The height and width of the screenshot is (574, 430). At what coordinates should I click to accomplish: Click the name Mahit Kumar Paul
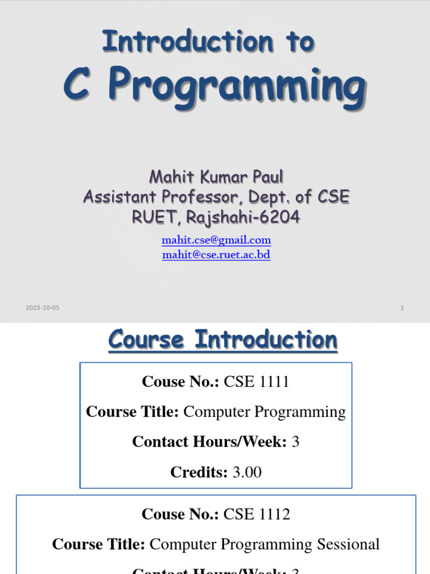click(x=216, y=178)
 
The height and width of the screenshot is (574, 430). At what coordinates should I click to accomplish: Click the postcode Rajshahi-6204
click(x=246, y=216)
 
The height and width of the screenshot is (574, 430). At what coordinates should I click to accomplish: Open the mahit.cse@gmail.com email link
click(x=216, y=240)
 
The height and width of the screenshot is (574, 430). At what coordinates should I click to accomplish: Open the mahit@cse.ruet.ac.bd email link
click(x=216, y=255)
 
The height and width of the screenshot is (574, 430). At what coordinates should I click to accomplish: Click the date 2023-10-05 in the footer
click(x=42, y=308)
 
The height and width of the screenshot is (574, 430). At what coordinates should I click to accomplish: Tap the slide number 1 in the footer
click(x=402, y=308)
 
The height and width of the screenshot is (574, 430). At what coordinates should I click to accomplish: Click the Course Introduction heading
click(x=223, y=340)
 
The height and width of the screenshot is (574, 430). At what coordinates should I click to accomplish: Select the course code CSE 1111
click(x=256, y=382)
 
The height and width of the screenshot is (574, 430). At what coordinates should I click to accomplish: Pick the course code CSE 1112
click(x=256, y=515)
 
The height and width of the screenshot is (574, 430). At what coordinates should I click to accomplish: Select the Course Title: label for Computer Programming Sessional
click(x=99, y=544)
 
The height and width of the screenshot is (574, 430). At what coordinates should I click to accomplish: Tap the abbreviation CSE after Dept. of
click(x=334, y=197)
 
